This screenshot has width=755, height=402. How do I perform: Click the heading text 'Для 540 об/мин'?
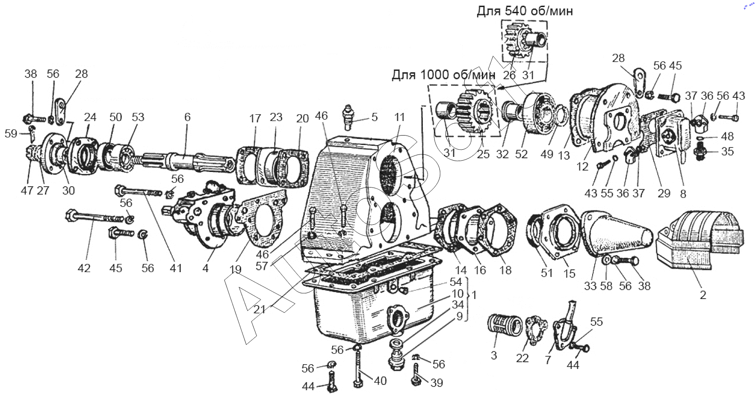[525, 11]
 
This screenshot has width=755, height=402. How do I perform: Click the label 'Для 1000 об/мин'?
[443, 75]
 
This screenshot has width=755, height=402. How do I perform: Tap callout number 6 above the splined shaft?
[187, 117]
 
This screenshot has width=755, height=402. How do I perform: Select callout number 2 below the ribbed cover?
[703, 295]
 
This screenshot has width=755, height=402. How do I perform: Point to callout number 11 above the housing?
[400, 117]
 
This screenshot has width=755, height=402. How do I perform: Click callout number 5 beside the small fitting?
[374, 117]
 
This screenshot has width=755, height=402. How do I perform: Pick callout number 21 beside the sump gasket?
[259, 309]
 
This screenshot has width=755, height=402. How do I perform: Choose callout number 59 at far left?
[11, 134]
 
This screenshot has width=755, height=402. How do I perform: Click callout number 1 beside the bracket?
[474, 295]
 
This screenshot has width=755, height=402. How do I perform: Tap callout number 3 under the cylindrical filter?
[494, 355]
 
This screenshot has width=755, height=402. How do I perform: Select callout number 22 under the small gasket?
[522, 358]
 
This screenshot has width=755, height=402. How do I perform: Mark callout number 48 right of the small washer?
[727, 137]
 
